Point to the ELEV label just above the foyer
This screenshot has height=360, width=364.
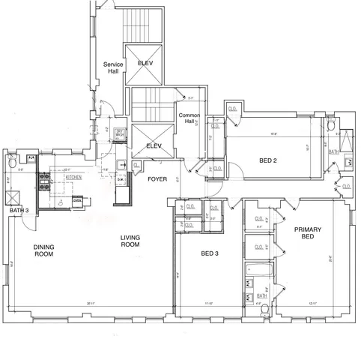[x=154, y=145]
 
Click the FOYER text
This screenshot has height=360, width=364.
[x=157, y=179]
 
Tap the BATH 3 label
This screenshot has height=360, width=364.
[x=18, y=211]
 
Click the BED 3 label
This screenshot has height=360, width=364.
[x=210, y=253]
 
